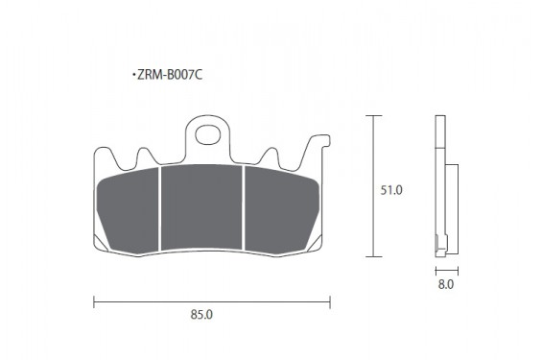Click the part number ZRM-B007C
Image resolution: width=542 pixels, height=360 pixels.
tap(170, 75)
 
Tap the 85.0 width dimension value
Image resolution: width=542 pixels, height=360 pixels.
tap(201, 315)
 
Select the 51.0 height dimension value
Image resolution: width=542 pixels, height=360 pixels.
tap(391, 190)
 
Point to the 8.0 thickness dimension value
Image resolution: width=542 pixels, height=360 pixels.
tap(446, 284)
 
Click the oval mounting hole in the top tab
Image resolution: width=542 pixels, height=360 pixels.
tap(208, 134)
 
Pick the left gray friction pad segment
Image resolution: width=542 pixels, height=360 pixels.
tap(128, 211)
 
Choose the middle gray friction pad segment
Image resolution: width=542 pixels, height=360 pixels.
tap(201, 207)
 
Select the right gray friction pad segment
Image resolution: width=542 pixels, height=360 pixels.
tap(281, 210)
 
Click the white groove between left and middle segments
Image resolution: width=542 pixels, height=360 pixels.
tap(160, 208)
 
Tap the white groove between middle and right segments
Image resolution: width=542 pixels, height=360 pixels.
tap(244, 207)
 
